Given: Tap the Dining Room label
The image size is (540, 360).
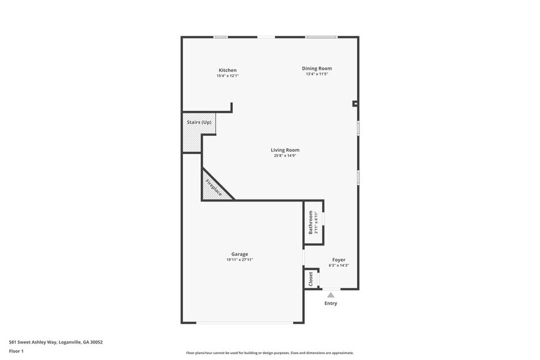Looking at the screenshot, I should point(317,69).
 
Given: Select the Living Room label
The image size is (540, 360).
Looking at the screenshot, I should point(285,150).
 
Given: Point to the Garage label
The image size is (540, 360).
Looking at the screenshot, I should point(239,254).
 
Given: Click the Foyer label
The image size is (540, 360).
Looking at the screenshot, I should point(339,260).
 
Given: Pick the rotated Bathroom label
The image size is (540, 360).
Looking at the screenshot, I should point(310,222).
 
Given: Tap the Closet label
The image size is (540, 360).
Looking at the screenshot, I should point(311,279).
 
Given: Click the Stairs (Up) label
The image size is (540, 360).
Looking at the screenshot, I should point(199,122).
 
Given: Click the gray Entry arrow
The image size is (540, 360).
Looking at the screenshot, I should point(331,295).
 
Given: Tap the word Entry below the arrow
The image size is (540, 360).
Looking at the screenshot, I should point(331,303).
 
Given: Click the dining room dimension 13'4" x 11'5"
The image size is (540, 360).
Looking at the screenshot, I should point(317,74).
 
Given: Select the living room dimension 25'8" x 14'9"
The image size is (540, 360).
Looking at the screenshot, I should point(285,156).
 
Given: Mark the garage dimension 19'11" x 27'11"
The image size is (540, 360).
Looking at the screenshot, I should point(239,260).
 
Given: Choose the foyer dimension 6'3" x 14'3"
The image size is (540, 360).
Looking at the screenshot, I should point(339,265).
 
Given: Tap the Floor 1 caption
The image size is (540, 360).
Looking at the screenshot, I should point(16,351).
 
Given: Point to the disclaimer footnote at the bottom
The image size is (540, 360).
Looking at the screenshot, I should point(269,353).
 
